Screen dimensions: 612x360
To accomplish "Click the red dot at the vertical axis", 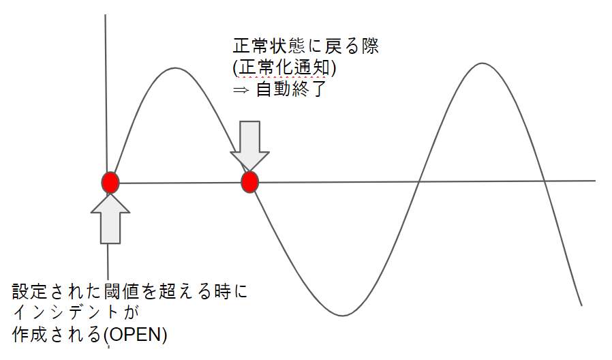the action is click(x=110, y=182).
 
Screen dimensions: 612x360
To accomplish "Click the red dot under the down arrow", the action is click(x=250, y=182).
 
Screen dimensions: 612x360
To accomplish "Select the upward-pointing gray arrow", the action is click(x=110, y=219).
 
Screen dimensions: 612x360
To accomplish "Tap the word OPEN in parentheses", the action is click(x=136, y=335).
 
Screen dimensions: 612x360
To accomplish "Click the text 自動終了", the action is click(x=291, y=89).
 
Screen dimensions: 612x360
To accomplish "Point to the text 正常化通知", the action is click(x=284, y=67).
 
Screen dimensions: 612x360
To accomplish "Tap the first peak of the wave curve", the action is click(x=175, y=68).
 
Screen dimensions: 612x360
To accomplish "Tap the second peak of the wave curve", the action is click(x=483, y=63).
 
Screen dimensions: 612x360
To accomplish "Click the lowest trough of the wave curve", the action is click(x=342, y=315).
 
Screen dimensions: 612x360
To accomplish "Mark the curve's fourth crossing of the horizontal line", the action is click(x=545, y=181).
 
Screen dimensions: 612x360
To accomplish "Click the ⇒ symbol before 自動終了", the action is click(x=241, y=90).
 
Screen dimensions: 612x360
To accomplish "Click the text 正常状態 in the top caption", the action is click(x=269, y=46).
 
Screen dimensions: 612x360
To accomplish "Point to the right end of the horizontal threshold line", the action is click(x=595, y=181).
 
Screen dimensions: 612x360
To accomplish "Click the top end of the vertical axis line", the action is click(x=106, y=15).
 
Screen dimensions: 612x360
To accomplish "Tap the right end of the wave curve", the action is click(x=581, y=305).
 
